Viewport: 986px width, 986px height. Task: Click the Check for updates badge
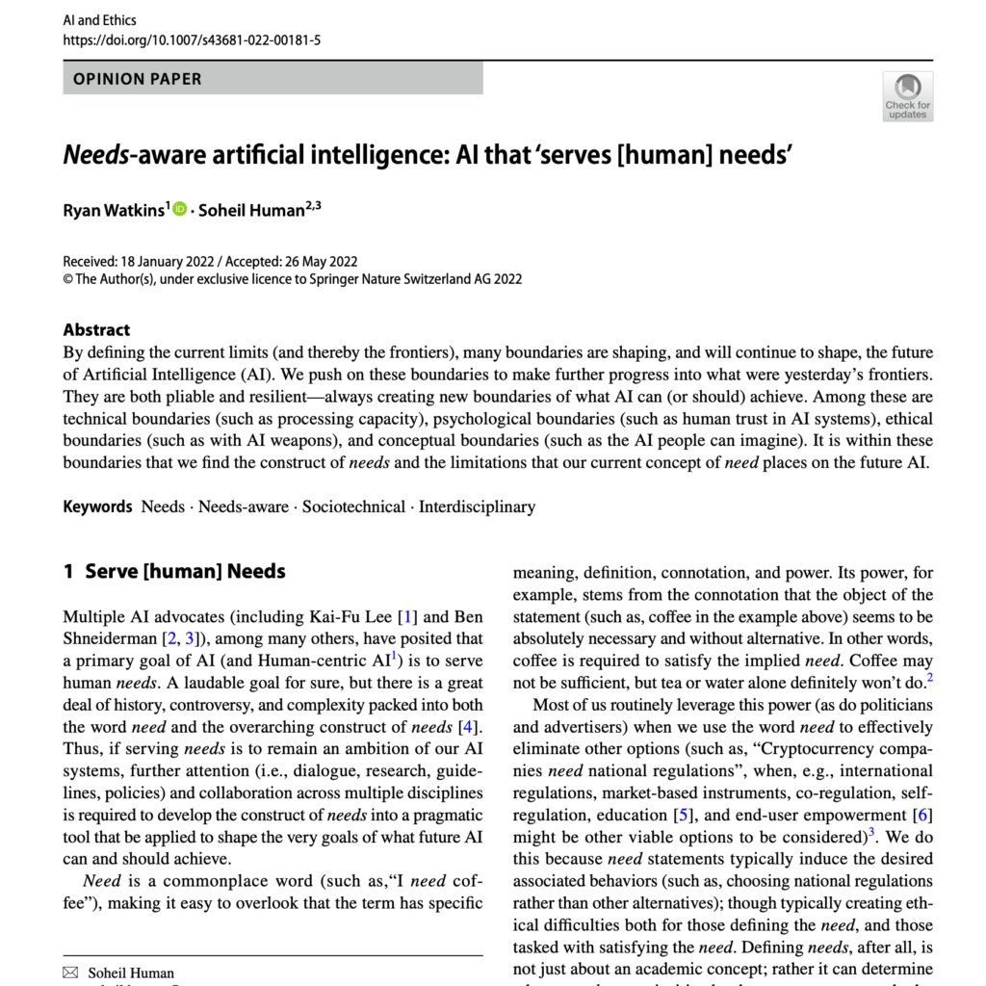coord(907,96)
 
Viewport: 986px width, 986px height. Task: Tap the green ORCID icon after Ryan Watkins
coord(180,209)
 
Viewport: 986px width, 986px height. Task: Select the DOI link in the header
coord(192,39)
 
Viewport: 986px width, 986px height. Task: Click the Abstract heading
coord(96,329)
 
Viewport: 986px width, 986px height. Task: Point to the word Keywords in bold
coord(97,506)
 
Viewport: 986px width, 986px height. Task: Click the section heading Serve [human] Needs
coord(185,571)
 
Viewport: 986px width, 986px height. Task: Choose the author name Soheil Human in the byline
coord(250,210)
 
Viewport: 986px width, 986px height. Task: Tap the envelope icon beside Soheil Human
coord(69,973)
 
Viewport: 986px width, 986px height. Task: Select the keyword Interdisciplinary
coord(477,506)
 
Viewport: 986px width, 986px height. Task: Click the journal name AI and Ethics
coord(99,19)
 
